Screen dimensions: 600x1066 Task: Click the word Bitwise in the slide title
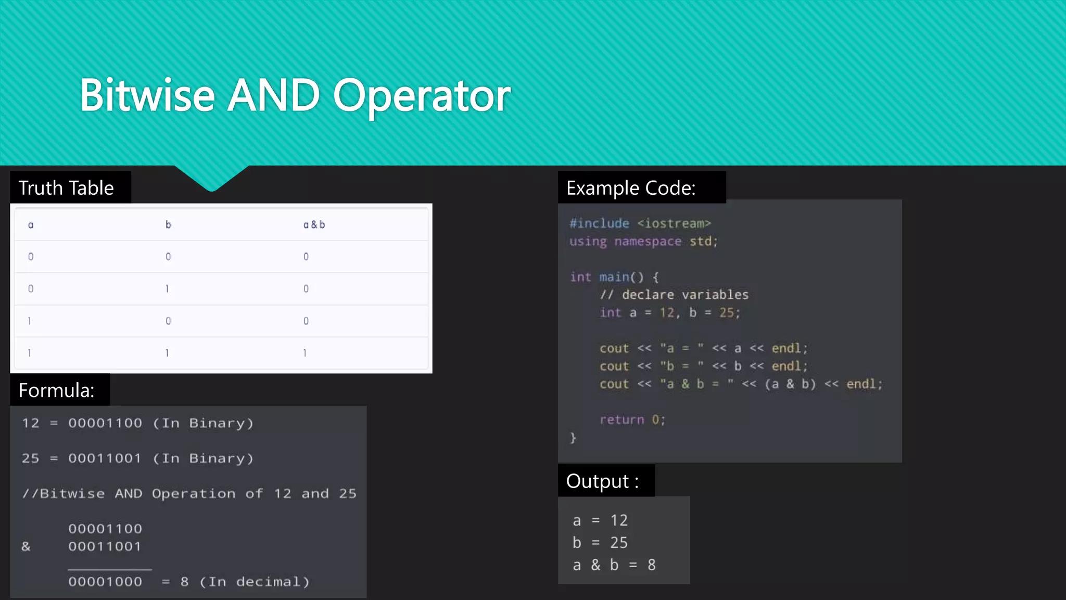coord(147,95)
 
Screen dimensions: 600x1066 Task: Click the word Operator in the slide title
coord(422,96)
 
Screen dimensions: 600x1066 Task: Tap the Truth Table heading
coord(66,188)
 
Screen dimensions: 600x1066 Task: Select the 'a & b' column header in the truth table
coord(314,224)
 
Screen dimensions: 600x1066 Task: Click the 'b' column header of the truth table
coord(168,224)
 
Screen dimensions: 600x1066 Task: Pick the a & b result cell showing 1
coord(305,353)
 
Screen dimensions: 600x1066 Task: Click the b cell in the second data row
coord(167,289)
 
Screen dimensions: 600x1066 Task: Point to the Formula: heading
coord(56,390)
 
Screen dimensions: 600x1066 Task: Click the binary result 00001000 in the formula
coord(105,582)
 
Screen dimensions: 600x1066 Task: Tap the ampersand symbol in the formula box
coord(26,546)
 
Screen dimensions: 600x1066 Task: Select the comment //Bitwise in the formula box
coord(64,493)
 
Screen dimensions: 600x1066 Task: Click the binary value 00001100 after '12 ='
coord(105,423)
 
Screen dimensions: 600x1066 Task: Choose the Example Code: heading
coord(631,188)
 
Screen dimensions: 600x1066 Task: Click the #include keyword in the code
coord(599,223)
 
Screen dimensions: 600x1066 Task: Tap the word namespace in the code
coord(648,241)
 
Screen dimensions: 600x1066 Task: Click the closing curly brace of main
coord(573,438)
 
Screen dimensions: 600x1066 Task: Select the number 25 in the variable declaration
coord(727,312)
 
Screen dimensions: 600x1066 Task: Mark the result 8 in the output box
coord(652,565)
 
